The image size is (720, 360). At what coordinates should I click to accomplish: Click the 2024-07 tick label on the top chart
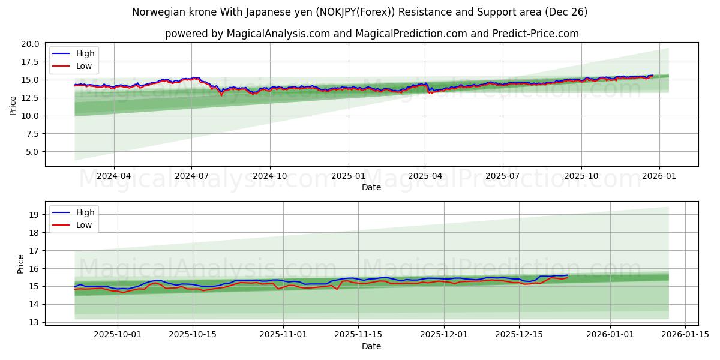(x=191, y=175)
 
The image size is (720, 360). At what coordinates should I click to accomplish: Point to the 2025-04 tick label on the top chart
(x=425, y=175)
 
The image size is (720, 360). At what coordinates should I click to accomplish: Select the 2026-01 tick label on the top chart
(x=659, y=175)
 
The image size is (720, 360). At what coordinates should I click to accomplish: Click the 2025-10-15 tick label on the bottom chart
(x=193, y=334)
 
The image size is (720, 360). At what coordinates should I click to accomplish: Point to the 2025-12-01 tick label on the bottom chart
(x=444, y=334)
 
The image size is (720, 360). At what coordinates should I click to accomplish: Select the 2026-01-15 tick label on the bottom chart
(x=685, y=334)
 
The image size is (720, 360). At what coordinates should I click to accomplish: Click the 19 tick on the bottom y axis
(x=34, y=215)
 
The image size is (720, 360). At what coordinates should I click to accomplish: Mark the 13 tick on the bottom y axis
(x=34, y=322)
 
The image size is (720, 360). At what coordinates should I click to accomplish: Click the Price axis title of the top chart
(x=13, y=106)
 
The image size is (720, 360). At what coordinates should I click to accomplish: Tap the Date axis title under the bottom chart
(x=371, y=346)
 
